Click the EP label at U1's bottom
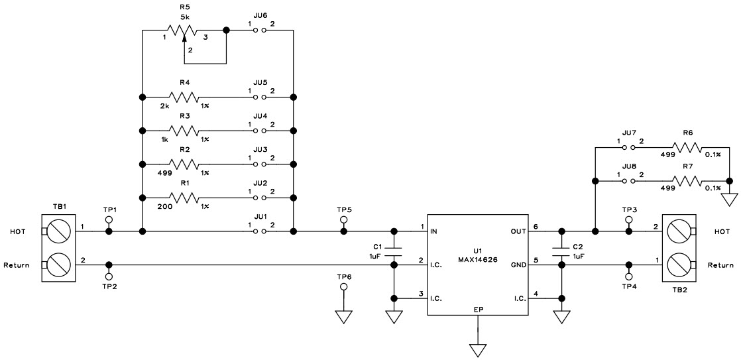tap(477, 310)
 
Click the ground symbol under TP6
tap(343, 316)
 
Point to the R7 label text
tap(687, 167)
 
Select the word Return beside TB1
tap(17, 265)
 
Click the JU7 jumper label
tap(629, 133)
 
